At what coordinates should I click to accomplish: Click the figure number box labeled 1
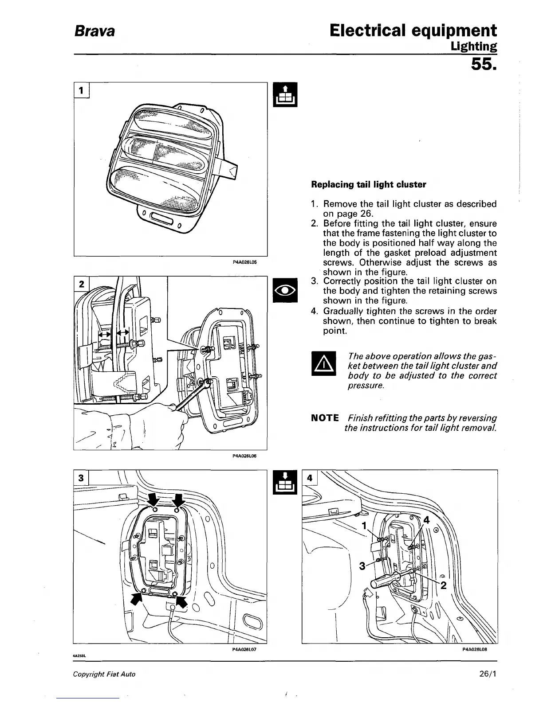coord(82,90)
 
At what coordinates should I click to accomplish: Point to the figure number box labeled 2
coord(81,284)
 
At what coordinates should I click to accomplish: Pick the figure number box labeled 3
coord(81,478)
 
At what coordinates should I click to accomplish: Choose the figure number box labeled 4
coord(310,478)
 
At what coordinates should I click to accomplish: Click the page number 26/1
coord(488,674)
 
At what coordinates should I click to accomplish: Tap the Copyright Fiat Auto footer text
coord(104,674)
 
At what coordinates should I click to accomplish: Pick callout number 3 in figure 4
coord(362,566)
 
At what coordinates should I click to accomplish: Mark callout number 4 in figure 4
coord(426,520)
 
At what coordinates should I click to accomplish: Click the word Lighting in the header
coord(473,46)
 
